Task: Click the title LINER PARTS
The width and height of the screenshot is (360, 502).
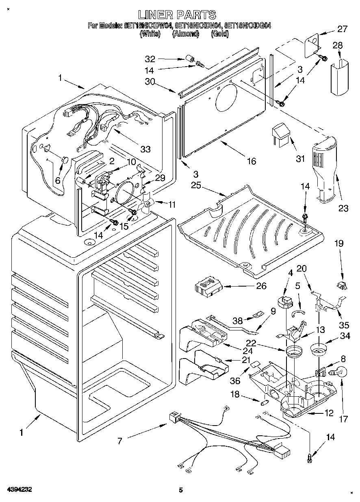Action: tap(177, 15)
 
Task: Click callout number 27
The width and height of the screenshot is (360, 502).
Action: tap(342, 29)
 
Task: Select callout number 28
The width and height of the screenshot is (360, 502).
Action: tap(338, 45)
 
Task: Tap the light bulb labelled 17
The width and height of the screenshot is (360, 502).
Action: tap(339, 371)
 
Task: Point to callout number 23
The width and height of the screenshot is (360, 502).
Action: tap(343, 209)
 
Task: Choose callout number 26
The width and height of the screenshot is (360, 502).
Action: tap(261, 286)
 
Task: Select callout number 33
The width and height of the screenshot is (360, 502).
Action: tap(145, 149)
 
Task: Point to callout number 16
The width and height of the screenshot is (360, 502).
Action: tap(252, 161)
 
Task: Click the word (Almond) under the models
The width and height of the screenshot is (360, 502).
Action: tap(185, 35)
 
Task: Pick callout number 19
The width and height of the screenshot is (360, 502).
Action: tap(338, 243)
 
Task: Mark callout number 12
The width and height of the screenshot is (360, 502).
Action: tap(329, 414)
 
